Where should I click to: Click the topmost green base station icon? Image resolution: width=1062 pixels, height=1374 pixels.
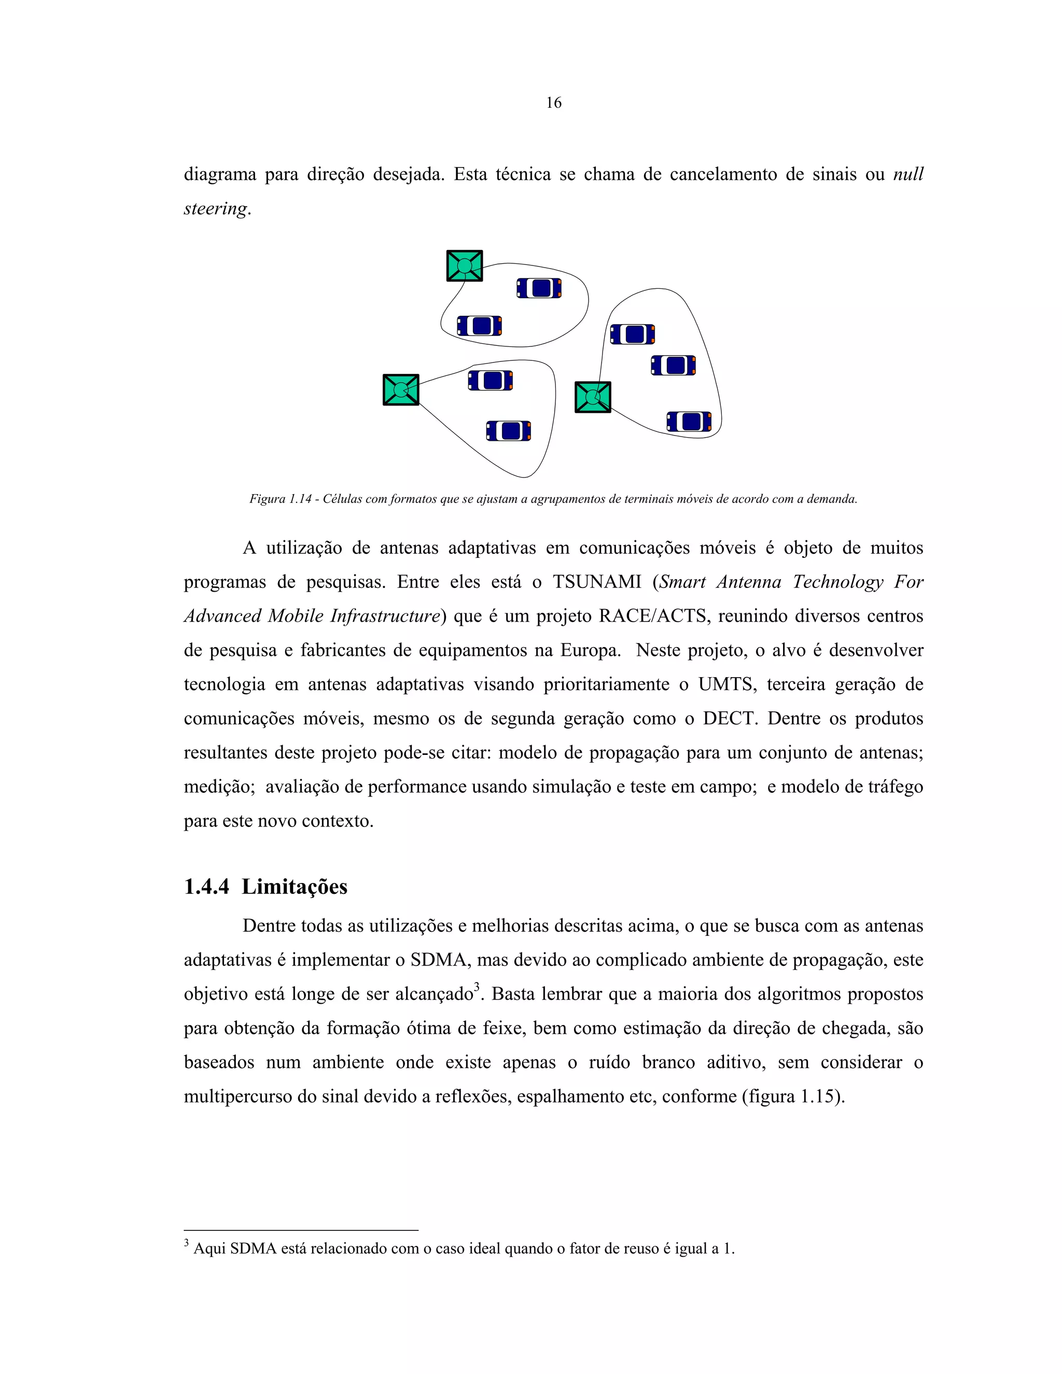pyautogui.click(x=464, y=265)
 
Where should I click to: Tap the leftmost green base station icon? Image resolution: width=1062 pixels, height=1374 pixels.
pyautogui.click(x=401, y=390)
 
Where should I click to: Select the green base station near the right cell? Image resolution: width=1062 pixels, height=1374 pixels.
pyautogui.click(x=593, y=397)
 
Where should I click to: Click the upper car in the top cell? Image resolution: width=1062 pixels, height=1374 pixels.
pyautogui.click(x=539, y=288)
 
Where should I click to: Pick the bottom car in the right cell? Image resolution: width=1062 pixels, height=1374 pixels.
pyautogui.click(x=689, y=422)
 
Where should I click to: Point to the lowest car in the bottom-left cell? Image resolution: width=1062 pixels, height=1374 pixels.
pyautogui.click(x=508, y=431)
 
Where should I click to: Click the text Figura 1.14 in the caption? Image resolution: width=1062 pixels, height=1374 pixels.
pyautogui.click(x=280, y=499)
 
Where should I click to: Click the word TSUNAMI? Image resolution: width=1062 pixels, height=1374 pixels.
pyautogui.click(x=596, y=582)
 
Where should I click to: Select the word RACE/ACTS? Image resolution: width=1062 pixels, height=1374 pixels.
pyautogui.click(x=652, y=616)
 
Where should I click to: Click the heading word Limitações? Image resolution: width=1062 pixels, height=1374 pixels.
pyautogui.click(x=295, y=887)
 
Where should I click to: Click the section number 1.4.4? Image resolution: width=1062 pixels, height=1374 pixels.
pyautogui.click(x=206, y=887)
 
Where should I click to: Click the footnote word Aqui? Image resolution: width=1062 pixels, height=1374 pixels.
pyautogui.click(x=209, y=1249)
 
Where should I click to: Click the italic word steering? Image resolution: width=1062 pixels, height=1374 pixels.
pyautogui.click(x=215, y=208)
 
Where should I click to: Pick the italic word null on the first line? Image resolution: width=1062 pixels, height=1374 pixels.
pyautogui.click(x=908, y=174)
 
